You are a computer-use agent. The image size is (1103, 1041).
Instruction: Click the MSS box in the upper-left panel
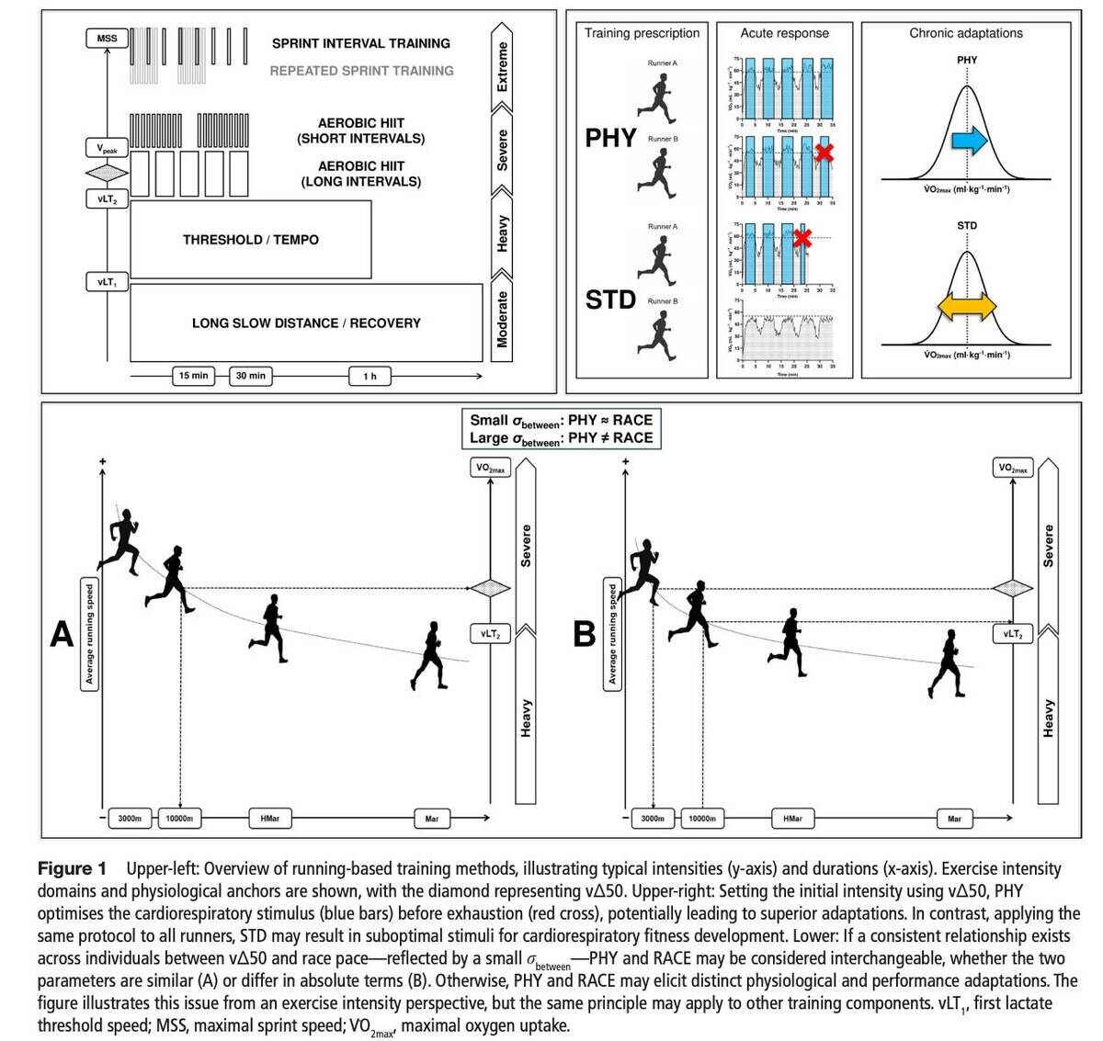[x=107, y=39]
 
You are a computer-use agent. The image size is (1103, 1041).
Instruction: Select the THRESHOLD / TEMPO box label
[x=251, y=240]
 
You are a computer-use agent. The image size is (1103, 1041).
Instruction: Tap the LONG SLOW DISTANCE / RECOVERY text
[x=306, y=323]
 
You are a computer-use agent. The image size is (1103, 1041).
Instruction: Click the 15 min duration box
[x=193, y=376]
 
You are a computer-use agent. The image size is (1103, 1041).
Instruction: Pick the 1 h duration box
[x=370, y=376]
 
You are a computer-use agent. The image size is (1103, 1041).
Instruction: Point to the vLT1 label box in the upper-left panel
[x=107, y=282]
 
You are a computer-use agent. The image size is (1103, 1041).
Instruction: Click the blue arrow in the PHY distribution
[x=969, y=141]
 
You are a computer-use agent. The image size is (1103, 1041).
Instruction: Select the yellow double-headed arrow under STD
[x=966, y=306]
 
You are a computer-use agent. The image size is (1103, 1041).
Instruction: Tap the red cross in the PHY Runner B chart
[x=824, y=153]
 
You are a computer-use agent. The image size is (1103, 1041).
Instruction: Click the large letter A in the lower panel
[x=62, y=634]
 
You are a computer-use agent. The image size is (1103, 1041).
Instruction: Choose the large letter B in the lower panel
[x=584, y=634]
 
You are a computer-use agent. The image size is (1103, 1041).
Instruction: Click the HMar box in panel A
[x=269, y=818]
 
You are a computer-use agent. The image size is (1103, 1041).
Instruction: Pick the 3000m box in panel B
[x=653, y=818]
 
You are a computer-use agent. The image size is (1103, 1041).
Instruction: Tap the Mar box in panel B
[x=954, y=818]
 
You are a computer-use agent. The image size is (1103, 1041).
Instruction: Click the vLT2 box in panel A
[x=490, y=633]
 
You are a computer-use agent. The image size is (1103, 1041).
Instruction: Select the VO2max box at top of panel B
[x=1013, y=468]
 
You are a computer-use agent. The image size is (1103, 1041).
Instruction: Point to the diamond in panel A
[x=490, y=588]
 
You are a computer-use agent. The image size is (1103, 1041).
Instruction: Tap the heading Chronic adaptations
[x=966, y=33]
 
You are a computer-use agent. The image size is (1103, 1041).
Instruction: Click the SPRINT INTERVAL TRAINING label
[x=361, y=43]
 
